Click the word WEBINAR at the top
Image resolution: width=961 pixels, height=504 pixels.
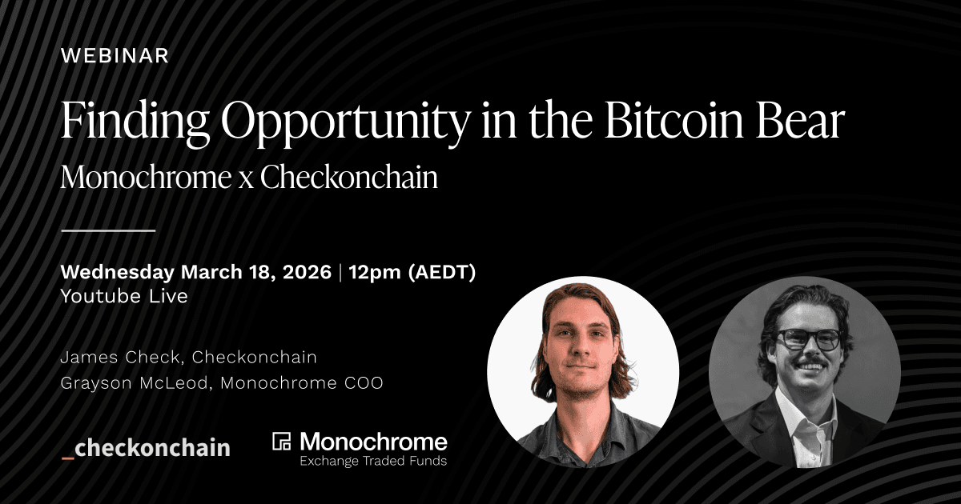[115, 56]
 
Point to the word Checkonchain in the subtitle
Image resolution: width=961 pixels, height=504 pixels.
[349, 177]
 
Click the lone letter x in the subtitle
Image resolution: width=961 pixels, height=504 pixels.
[246, 178]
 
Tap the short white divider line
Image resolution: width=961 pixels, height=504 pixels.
[108, 230]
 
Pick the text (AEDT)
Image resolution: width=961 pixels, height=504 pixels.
[442, 273]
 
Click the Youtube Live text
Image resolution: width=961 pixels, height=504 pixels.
[124, 296]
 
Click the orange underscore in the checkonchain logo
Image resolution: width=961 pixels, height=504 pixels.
[68, 457]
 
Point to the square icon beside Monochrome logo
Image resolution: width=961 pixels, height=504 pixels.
[282, 442]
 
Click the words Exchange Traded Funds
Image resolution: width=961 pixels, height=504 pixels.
[373, 461]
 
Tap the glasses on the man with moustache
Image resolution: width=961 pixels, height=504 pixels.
[807, 338]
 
